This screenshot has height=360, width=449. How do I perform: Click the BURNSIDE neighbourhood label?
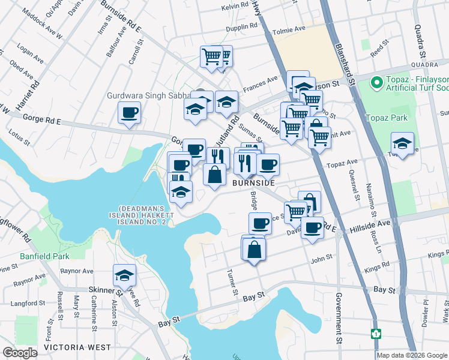[x=253, y=183]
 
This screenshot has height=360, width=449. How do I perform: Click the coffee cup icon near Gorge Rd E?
[x=129, y=112]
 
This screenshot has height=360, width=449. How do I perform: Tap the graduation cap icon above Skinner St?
[x=124, y=275]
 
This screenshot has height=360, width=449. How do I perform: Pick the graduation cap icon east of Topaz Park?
[x=402, y=144]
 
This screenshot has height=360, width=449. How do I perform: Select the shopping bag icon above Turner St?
[x=255, y=249]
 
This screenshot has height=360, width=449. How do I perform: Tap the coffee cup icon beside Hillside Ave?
[x=312, y=227]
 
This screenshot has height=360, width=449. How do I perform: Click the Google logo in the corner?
[x=20, y=353]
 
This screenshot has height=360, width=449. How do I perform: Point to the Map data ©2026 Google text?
[x=412, y=355]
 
